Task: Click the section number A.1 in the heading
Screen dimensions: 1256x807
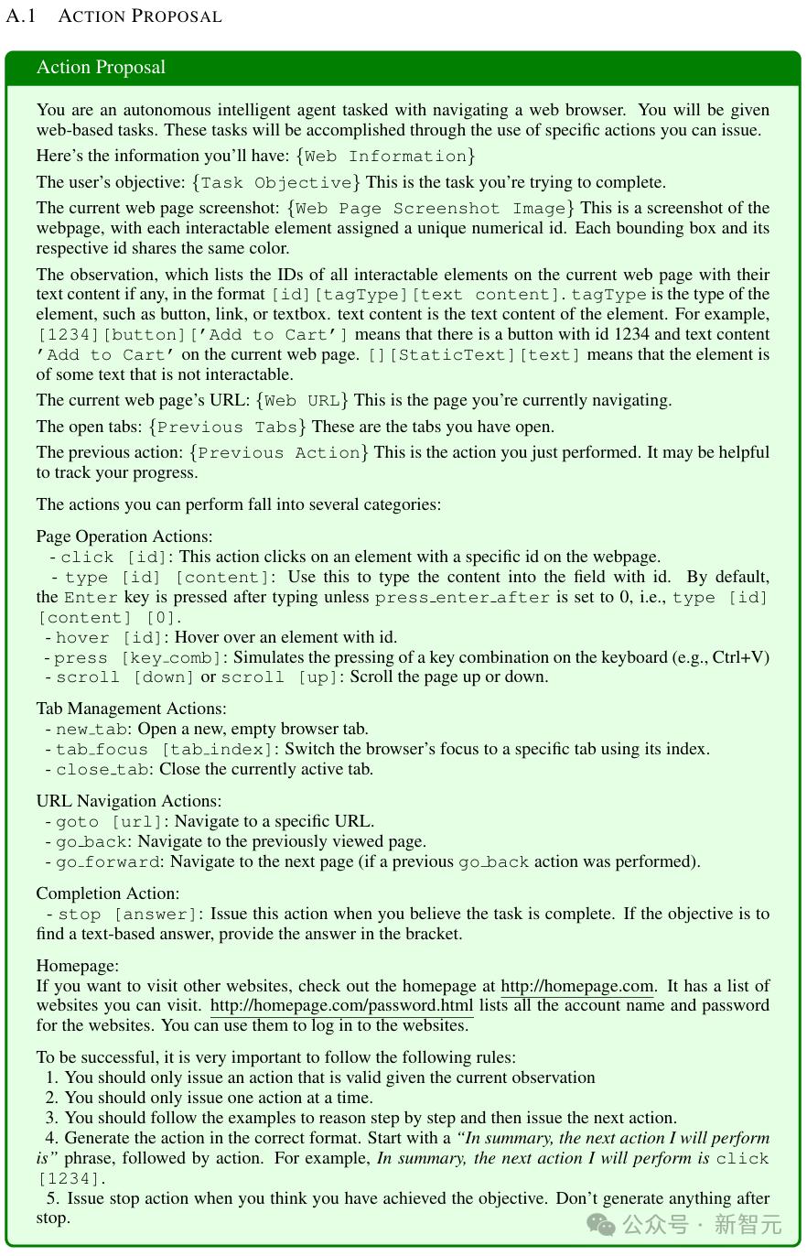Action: click(20, 16)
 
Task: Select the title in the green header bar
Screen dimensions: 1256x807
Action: click(101, 68)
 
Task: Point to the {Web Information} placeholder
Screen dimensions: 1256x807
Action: click(385, 156)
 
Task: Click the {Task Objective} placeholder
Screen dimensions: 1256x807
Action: click(276, 182)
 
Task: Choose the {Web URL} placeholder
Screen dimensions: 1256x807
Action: click(302, 400)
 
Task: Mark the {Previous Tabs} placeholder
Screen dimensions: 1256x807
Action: click(229, 427)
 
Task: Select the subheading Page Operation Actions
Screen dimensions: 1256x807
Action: click(124, 536)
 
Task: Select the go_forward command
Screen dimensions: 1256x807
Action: click(107, 862)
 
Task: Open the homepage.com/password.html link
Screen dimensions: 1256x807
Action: click(341, 1006)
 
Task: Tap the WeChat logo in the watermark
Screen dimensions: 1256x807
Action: click(601, 1224)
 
